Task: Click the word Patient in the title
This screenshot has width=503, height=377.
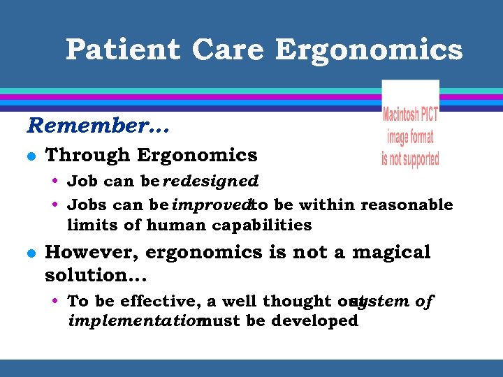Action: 123,50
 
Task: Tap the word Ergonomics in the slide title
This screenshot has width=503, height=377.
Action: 369,50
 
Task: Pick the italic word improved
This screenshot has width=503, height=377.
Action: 211,205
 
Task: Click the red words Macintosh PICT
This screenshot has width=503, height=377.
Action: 410,113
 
